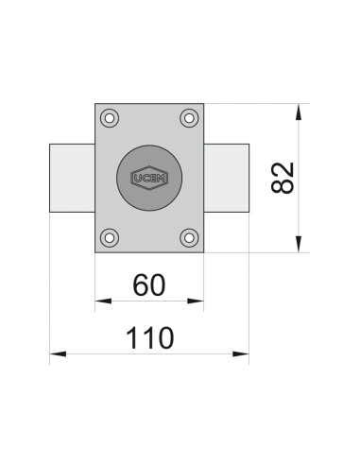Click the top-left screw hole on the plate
111,118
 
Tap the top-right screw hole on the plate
188,118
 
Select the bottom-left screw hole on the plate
111,237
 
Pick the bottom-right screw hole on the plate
188,237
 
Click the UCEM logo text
149,178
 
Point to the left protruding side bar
72,178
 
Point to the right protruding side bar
227,178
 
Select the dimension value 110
148,336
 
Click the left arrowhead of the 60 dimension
102,301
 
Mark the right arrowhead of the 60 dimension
197,301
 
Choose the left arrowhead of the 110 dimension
57,354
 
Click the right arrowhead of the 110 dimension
243,354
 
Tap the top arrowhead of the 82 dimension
300,111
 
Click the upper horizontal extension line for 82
255,103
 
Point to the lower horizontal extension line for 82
255,253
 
